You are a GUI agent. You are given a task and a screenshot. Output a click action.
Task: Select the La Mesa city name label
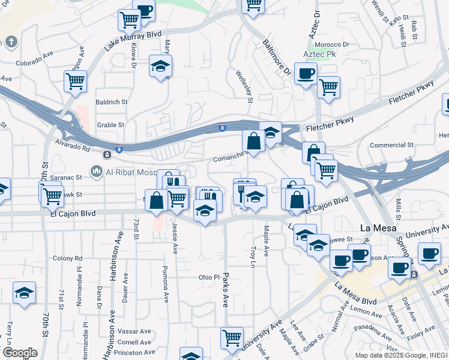tap(376, 227)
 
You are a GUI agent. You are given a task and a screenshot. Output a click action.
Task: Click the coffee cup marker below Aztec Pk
tap(306, 74)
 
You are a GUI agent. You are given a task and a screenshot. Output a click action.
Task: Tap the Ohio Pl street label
tap(210, 278)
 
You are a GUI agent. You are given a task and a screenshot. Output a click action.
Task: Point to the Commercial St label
tap(392, 145)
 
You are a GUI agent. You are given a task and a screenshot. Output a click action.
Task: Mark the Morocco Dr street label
tap(334, 44)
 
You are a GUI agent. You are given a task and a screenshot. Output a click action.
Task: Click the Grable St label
tap(110, 125)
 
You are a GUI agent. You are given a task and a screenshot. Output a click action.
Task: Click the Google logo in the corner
tap(19, 353)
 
